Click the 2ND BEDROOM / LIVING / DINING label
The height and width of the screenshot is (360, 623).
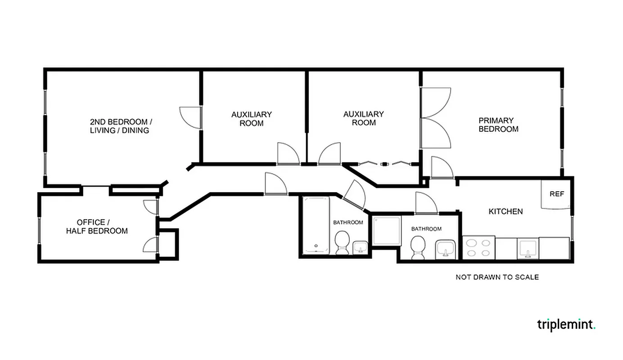(x=121, y=126)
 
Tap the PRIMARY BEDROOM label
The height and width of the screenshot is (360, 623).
(x=498, y=125)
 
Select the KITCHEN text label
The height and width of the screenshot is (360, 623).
(x=506, y=211)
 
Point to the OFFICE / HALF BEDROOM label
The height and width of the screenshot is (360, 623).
(x=97, y=227)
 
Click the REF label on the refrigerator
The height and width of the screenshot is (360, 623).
(x=556, y=194)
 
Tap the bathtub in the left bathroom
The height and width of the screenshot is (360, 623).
(x=316, y=225)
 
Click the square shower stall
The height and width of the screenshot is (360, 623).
(x=386, y=230)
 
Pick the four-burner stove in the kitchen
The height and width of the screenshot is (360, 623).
(x=479, y=247)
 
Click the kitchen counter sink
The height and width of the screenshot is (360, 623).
(x=528, y=248)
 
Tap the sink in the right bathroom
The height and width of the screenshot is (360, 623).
(x=446, y=248)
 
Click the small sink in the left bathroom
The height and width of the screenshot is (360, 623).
(x=361, y=247)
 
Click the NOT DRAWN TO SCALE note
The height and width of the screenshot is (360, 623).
(x=497, y=277)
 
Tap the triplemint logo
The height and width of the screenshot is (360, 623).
(x=566, y=324)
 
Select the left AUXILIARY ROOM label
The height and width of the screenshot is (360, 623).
(x=252, y=119)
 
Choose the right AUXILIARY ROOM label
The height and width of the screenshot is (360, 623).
(x=364, y=118)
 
